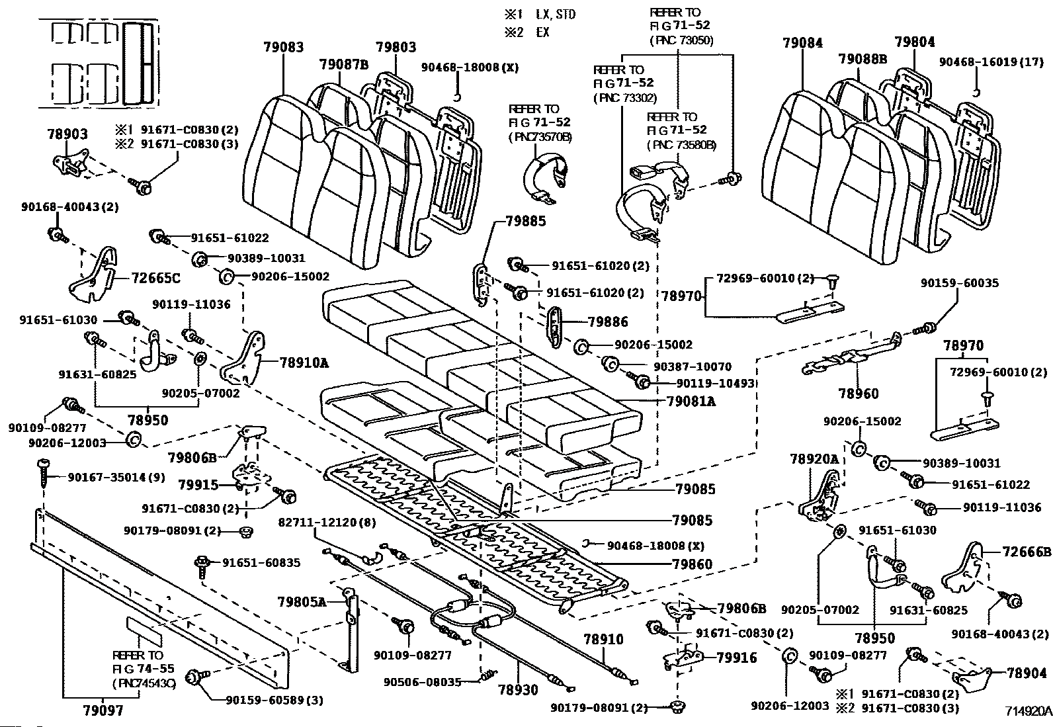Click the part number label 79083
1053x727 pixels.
pos(283,47)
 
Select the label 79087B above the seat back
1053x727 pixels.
pos(343,64)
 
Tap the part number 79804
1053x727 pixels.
pos(915,42)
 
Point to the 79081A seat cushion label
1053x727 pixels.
pos(691,401)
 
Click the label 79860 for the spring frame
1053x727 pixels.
pos(692,564)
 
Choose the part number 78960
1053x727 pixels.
pos(859,394)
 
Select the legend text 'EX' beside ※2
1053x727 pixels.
pos(542,32)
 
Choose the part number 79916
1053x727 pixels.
pos(737,658)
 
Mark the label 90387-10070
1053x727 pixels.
pos(693,366)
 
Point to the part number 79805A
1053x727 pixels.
pos(302,601)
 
